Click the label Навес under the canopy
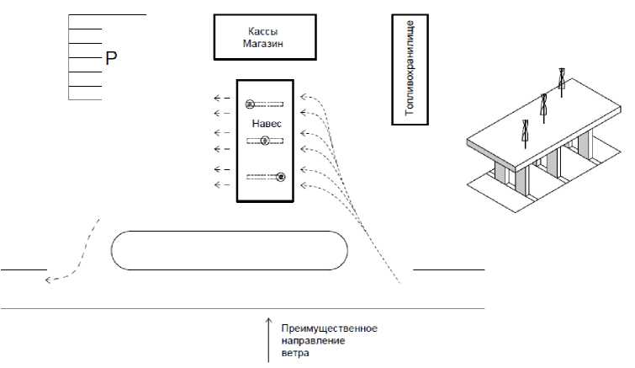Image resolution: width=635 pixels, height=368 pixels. pyautogui.click(x=265, y=123)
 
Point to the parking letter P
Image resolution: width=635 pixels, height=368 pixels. pyautogui.click(x=109, y=59)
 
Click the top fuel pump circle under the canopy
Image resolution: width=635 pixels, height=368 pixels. pyautogui.click(x=250, y=104)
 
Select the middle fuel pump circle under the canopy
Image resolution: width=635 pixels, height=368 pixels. pyautogui.click(x=265, y=141)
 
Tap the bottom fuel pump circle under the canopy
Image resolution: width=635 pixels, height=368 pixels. pyautogui.click(x=281, y=177)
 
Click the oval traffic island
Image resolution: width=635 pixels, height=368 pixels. pyautogui.click(x=230, y=250)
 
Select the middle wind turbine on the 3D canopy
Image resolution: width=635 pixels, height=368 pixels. pyautogui.click(x=544, y=106)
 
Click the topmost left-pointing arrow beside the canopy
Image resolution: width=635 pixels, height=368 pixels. pyautogui.click(x=221, y=99)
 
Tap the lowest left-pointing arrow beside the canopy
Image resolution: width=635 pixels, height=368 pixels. pyautogui.click(x=221, y=184)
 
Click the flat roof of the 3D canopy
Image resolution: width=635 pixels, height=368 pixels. pyautogui.click(x=538, y=126)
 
